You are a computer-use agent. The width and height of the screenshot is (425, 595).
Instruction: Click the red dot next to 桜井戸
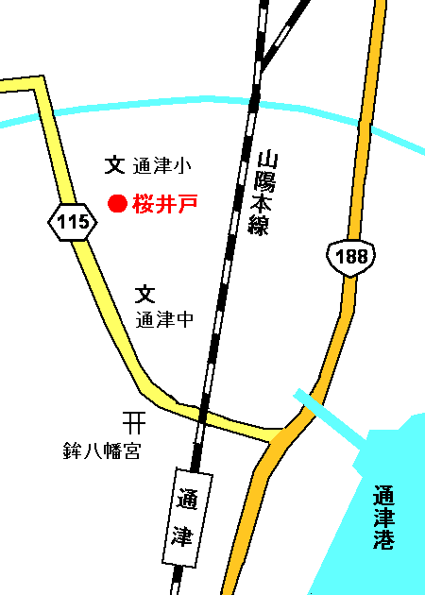click(x=117, y=203)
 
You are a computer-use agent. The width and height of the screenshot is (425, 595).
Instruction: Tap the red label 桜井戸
click(x=165, y=203)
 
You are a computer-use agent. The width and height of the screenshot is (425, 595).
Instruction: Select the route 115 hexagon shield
click(x=72, y=222)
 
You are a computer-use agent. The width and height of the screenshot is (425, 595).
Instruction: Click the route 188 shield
click(x=350, y=256)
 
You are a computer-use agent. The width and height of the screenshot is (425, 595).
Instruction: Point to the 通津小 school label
click(x=162, y=166)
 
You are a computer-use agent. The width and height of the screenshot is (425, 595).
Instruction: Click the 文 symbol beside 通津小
click(x=115, y=165)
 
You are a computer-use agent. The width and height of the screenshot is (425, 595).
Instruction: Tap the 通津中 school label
click(x=164, y=319)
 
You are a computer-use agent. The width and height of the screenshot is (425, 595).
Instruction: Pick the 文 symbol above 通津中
click(x=144, y=295)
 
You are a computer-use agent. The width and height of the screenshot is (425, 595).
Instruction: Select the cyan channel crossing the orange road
click(x=311, y=405)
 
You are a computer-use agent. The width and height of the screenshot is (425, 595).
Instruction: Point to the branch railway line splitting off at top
click(x=282, y=38)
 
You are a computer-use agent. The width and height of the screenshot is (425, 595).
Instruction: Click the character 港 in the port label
click(x=383, y=541)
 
